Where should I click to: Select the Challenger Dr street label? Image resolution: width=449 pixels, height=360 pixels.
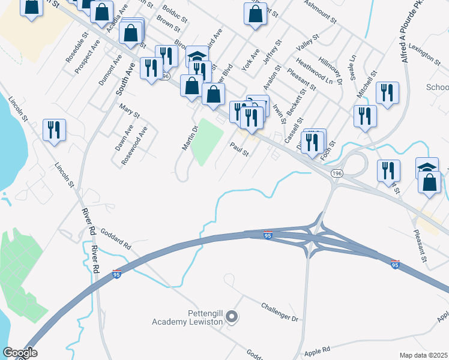(x=280, y=313)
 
